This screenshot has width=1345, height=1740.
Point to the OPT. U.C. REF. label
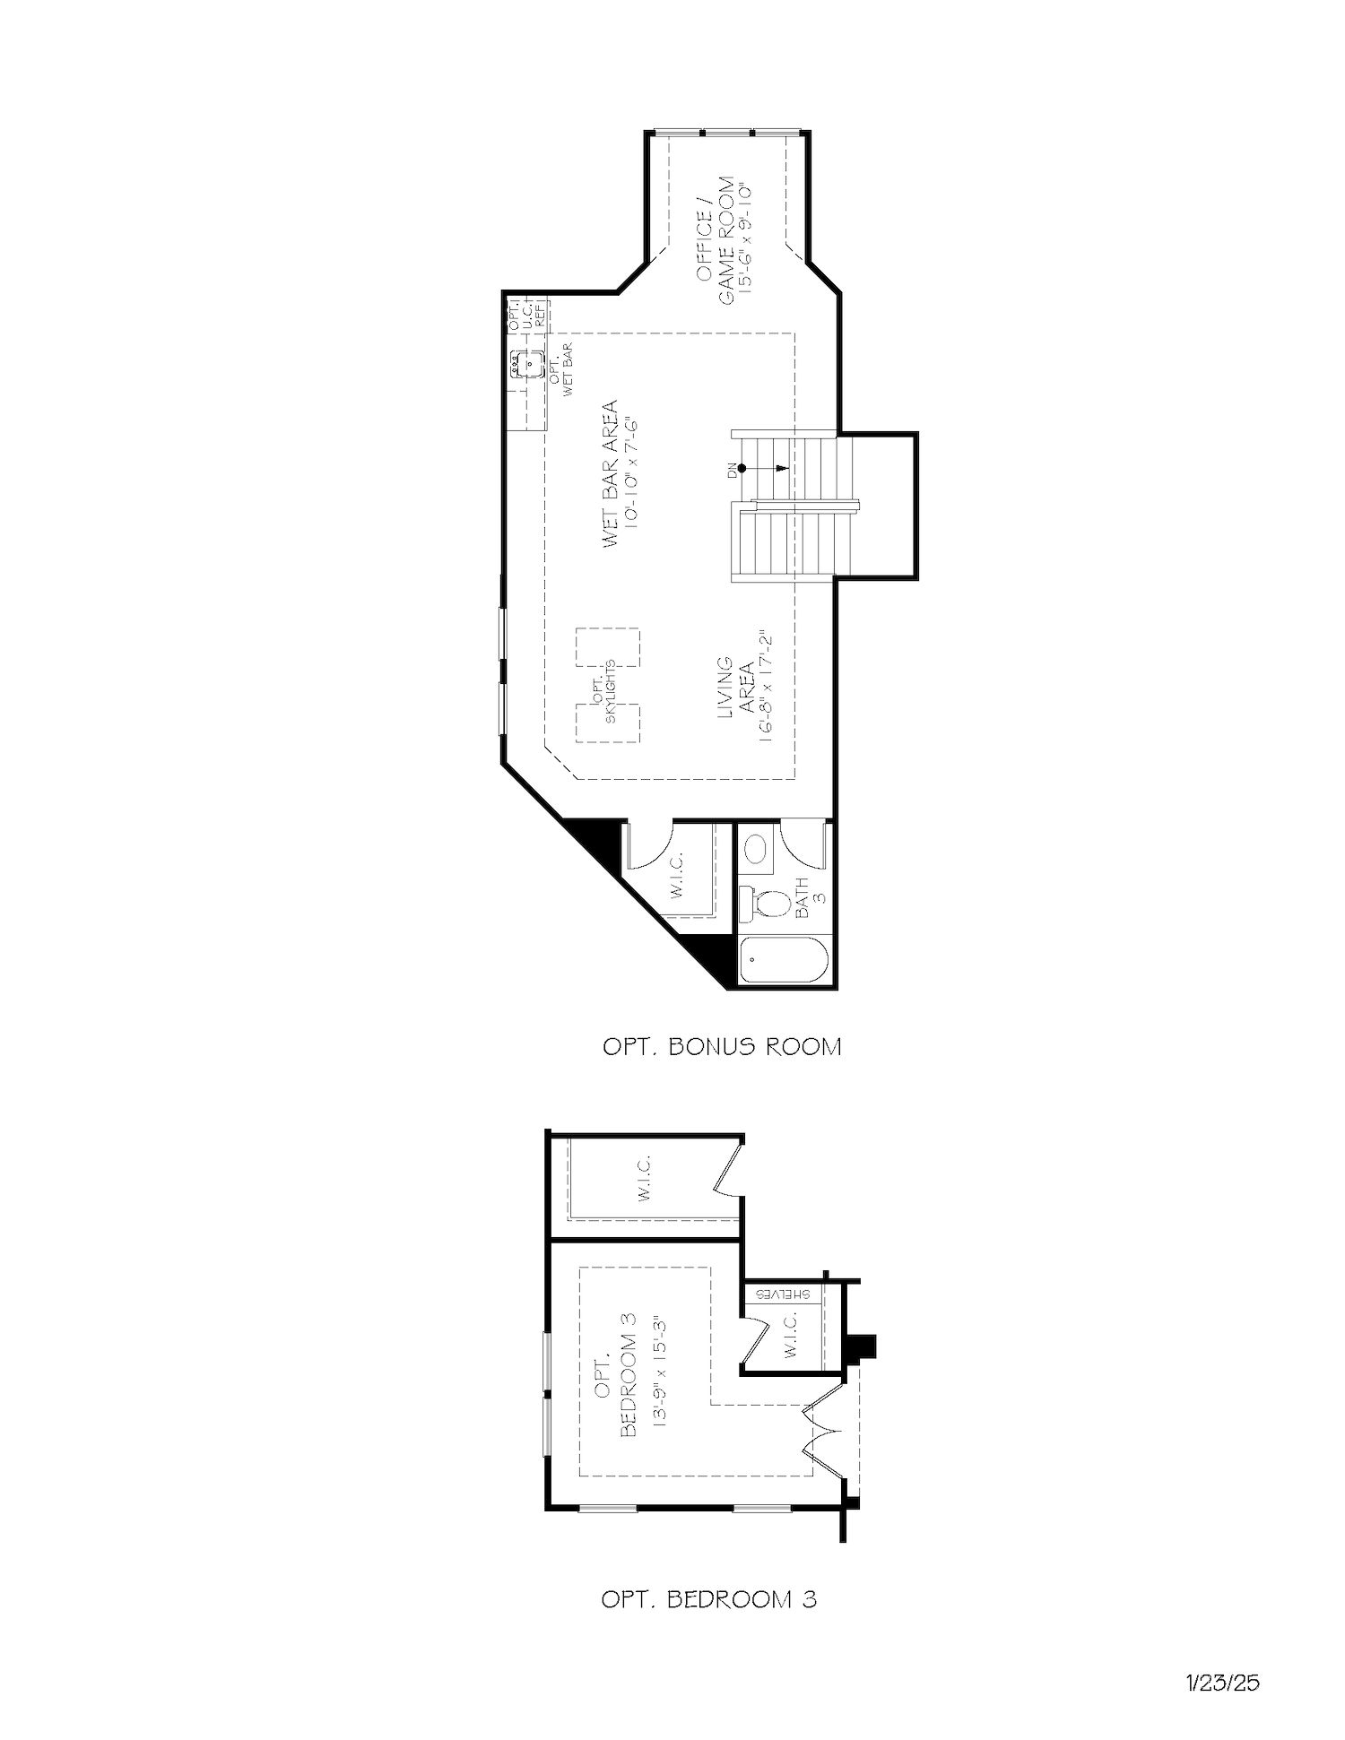point(528,315)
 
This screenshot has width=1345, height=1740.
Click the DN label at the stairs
point(733,467)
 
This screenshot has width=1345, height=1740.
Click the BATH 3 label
point(810,897)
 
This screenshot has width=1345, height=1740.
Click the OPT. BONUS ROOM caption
point(722,1046)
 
